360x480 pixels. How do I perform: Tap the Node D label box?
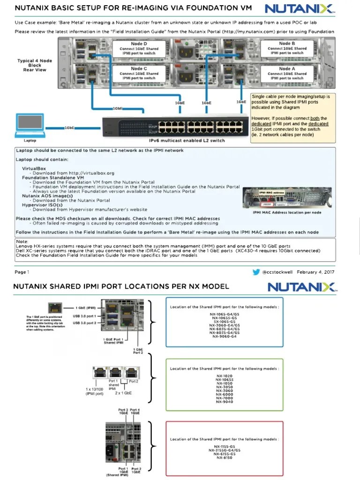click(139, 48)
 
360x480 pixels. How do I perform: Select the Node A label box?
click(287, 73)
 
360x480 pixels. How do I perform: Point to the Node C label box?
click(139, 73)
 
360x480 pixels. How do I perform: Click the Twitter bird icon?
click(256, 272)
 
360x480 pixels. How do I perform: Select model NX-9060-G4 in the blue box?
click(224, 337)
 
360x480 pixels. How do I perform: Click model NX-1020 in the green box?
click(224, 376)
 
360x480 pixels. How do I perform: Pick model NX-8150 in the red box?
click(224, 457)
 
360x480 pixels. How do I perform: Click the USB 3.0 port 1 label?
click(84, 315)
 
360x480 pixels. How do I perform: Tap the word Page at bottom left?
click(20, 272)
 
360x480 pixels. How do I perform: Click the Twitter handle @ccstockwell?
click(277, 272)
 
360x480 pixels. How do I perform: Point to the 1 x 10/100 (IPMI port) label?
click(94, 391)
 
